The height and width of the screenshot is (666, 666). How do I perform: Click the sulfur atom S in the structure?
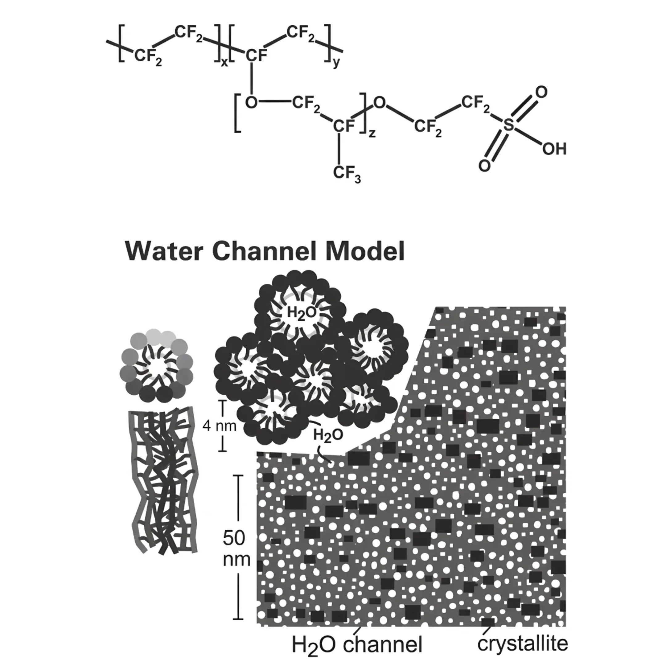tap(508, 125)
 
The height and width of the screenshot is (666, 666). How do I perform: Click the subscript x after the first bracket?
tap(224, 63)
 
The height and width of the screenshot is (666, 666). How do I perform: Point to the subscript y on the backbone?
tap(336, 63)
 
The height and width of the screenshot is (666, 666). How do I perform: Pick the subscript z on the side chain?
tap(372, 133)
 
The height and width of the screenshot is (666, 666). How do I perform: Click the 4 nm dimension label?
tap(219, 426)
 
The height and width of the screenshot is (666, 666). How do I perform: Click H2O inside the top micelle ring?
tap(301, 313)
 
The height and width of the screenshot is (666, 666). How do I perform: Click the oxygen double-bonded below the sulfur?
tap(484, 166)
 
